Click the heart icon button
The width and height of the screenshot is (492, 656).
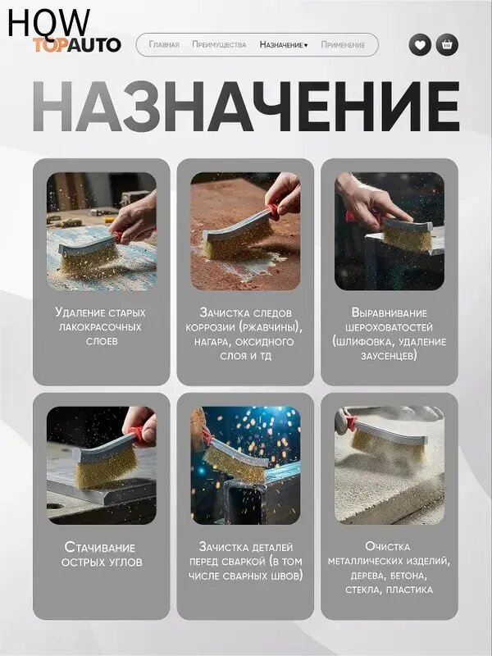click(420, 44)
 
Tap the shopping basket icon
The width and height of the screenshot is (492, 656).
click(447, 44)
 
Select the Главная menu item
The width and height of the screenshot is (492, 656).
click(164, 45)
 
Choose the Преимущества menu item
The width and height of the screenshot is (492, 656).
click(219, 45)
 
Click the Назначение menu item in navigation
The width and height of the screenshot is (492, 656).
click(283, 45)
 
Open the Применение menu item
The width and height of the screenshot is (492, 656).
click(343, 45)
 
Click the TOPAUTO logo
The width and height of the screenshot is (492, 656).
click(77, 45)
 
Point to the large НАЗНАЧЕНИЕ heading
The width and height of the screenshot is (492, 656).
click(246, 107)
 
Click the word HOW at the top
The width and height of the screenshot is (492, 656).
click(48, 22)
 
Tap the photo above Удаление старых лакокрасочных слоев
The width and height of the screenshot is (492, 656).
click(101, 231)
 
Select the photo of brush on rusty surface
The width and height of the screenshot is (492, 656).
click(245, 231)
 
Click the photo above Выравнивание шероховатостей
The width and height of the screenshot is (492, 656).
click(389, 231)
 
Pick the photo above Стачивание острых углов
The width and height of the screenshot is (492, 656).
click(101, 465)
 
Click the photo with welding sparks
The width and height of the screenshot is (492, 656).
click(245, 465)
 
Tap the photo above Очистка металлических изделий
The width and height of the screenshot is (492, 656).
click(389, 465)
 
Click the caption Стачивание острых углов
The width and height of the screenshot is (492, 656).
click(101, 554)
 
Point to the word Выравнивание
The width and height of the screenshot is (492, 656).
click(389, 312)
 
